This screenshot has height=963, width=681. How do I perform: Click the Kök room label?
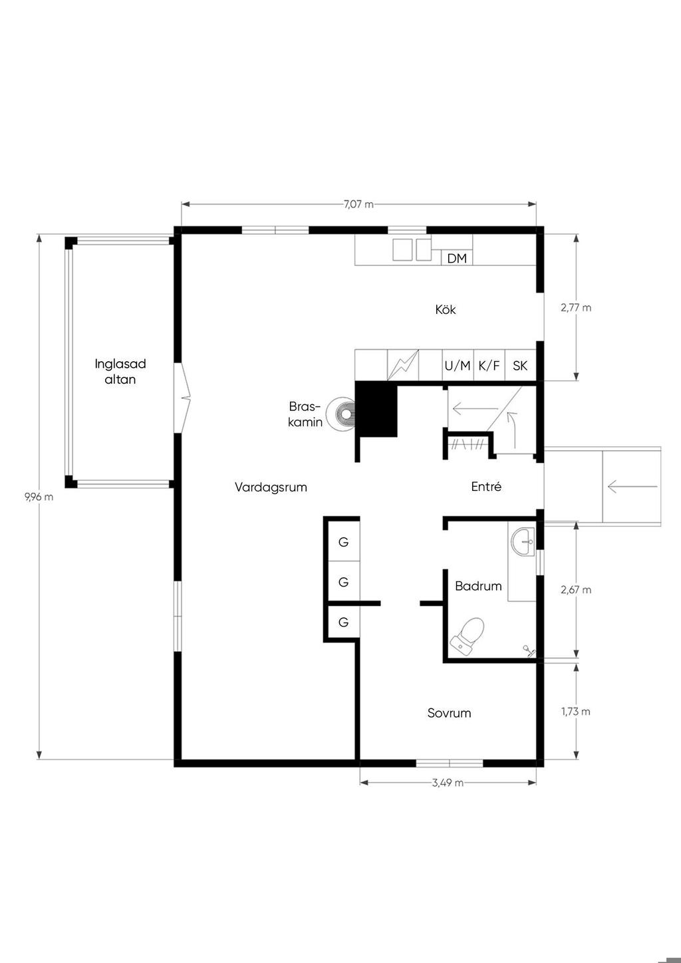(445, 309)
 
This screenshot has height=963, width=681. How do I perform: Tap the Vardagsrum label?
(271, 487)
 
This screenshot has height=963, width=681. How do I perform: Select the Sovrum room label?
(450, 713)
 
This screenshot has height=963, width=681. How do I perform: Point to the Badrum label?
(478, 586)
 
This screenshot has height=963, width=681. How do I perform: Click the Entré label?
(486, 486)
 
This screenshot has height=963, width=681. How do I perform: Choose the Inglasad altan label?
(120, 372)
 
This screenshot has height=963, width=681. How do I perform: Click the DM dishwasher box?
(457, 258)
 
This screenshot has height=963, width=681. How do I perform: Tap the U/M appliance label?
(458, 366)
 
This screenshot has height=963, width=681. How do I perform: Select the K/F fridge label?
(489, 366)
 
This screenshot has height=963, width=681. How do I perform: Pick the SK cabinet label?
(520, 366)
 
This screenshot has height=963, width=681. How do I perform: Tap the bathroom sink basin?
(523, 542)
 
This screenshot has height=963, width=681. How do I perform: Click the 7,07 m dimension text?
(358, 204)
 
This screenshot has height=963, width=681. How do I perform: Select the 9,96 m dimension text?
(39, 497)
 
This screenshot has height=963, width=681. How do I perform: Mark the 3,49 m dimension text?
(448, 782)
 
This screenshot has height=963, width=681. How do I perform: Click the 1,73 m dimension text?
(576, 712)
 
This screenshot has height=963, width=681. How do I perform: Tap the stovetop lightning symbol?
(403, 365)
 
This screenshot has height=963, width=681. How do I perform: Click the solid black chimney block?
(376, 409)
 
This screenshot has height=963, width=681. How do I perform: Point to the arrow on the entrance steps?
(632, 487)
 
